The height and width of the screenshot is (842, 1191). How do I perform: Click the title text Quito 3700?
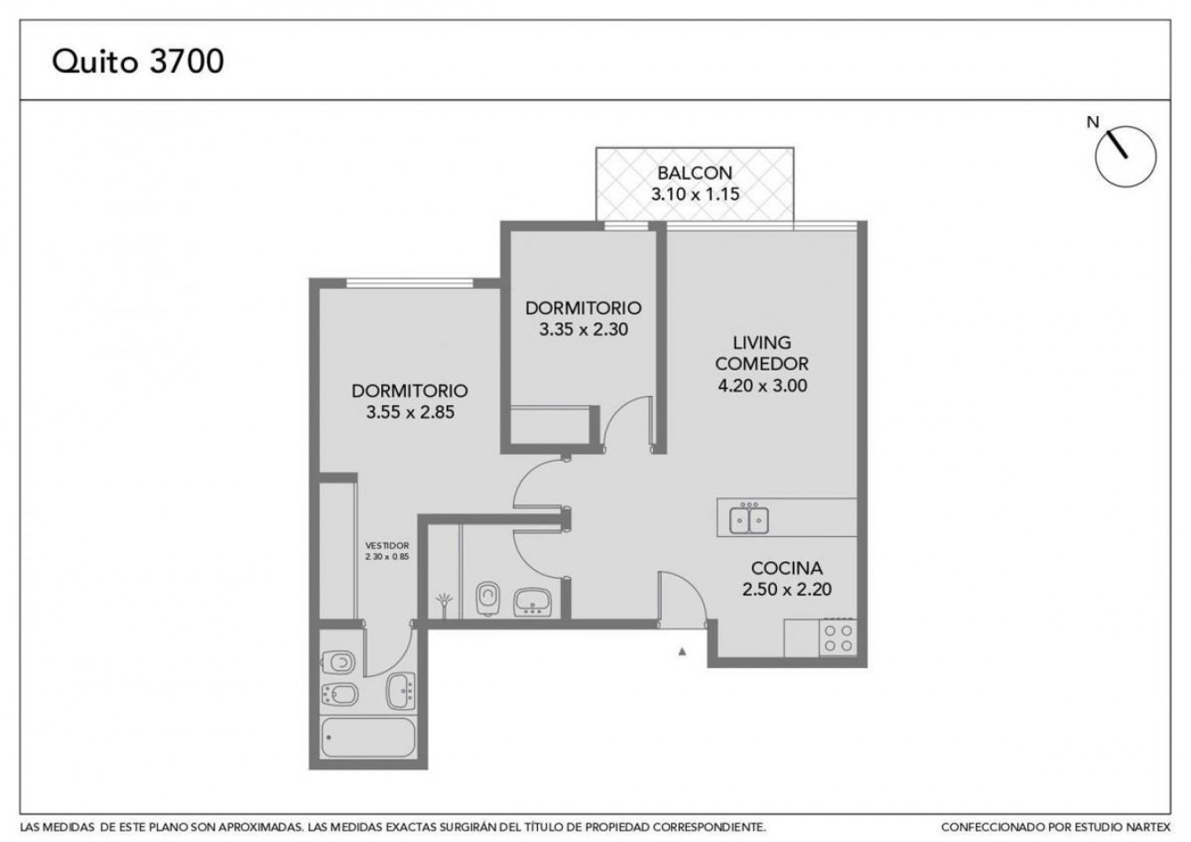137,62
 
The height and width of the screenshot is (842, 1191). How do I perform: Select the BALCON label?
695,173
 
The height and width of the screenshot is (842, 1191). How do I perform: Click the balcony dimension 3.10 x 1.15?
695,194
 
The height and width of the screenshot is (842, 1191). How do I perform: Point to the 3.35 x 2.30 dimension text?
584,329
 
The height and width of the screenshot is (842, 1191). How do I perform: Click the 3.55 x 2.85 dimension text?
410,412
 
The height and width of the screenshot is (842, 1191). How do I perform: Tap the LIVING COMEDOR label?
762,353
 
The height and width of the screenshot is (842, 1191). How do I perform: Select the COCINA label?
787,568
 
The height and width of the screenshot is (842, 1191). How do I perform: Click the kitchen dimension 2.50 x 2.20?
787,589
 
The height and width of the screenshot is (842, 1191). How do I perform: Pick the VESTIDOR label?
387,546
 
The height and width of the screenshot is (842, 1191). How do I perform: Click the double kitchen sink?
749,519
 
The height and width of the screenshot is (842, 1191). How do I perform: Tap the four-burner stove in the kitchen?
838,638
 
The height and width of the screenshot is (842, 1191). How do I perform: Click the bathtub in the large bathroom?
368,737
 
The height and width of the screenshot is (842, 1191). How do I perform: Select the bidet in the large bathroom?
339,695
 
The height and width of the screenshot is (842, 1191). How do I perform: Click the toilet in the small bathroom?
488,598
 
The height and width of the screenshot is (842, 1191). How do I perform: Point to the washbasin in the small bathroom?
533,602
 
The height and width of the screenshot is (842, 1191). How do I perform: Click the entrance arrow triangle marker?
682,651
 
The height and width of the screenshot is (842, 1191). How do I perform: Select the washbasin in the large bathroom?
401,691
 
